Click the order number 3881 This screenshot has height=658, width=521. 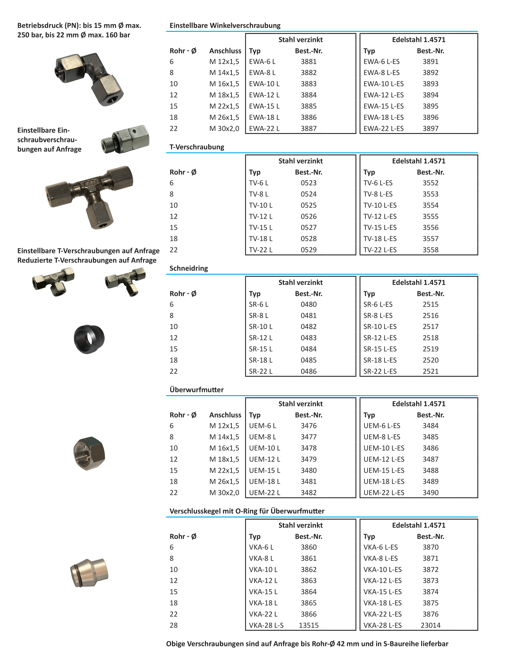click(x=308, y=62)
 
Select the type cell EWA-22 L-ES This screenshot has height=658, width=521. click(x=383, y=129)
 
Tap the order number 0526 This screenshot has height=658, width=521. click(x=308, y=216)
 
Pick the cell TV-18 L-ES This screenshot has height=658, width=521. click(x=380, y=239)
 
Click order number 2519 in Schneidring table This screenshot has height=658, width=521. click(x=430, y=349)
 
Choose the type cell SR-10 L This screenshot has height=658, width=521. click(x=260, y=327)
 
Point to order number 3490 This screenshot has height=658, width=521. click(x=430, y=493)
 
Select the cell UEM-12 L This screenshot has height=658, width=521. click(x=264, y=459)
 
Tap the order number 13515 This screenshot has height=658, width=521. click(x=309, y=625)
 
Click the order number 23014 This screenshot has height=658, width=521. click(x=430, y=625)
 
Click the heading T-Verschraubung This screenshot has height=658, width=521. click(x=197, y=147)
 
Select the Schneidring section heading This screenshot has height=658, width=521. click(x=189, y=268)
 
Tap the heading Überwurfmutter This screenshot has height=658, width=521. click(x=197, y=390)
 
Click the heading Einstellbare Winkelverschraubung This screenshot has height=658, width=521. click(x=225, y=26)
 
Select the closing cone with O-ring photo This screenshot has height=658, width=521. click(x=89, y=573)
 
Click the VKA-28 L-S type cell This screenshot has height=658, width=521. click(x=266, y=625)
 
